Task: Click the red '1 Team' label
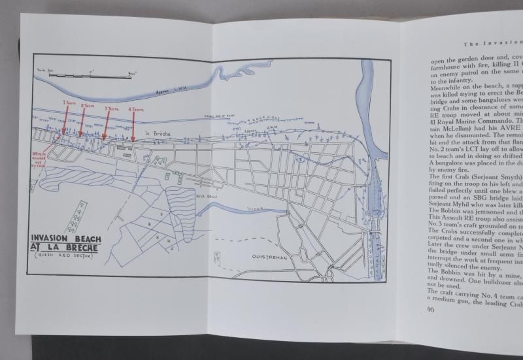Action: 69,103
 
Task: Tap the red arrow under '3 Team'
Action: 106,125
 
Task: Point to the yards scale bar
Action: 92,74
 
